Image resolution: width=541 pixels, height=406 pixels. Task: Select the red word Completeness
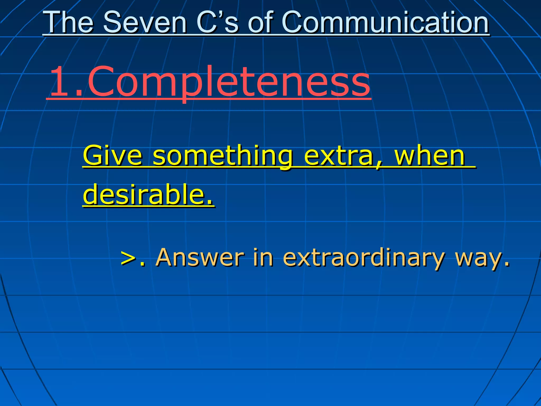click(228, 82)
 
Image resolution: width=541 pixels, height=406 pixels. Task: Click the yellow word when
click(429, 156)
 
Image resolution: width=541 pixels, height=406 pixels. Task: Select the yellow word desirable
click(144, 195)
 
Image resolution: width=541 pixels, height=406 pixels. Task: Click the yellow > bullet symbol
click(129, 257)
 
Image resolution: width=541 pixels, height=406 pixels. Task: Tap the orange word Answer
click(199, 257)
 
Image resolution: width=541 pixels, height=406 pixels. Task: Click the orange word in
click(263, 257)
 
